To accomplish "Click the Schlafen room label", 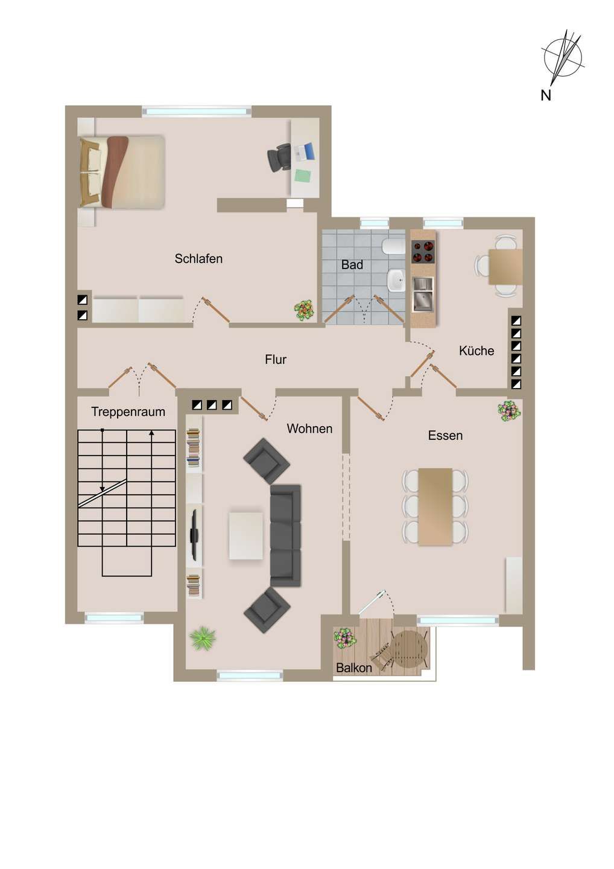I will pos(198,259).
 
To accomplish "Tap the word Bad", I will pos(352,265).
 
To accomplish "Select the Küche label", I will pos(476,351).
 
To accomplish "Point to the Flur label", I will pos(276,360).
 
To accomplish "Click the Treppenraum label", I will pos(128,412).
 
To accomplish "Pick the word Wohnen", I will pos(309,429).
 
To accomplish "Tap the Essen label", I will pos(445,436).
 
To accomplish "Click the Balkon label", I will pos(353,668).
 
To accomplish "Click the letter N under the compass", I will pos(546,95).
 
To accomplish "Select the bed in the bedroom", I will pos(122,172).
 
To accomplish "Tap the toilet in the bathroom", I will pos(394,246).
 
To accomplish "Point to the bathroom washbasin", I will pos(396,280).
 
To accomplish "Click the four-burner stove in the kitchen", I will pos(423,252).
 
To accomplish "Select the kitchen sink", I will pos(422,294).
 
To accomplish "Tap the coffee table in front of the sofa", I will pos(246,536).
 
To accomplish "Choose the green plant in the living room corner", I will pos(203,638).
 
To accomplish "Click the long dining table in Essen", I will pos(435,506).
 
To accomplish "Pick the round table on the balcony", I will pos(410,649).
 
